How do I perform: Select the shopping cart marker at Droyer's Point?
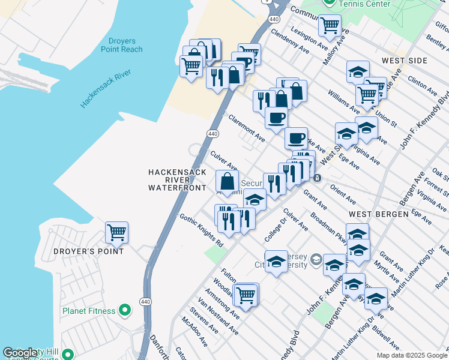pyautogui.click(x=116, y=232)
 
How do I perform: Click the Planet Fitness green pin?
pyautogui.click(x=125, y=310)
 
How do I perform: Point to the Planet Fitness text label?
pyautogui.click(x=89, y=311)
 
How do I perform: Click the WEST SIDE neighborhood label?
pyautogui.click(x=404, y=61)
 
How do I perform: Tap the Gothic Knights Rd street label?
pyautogui.click(x=202, y=232)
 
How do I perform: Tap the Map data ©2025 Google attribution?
pyautogui.click(x=411, y=355)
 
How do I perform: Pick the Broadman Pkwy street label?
pyautogui.click(x=327, y=224)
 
